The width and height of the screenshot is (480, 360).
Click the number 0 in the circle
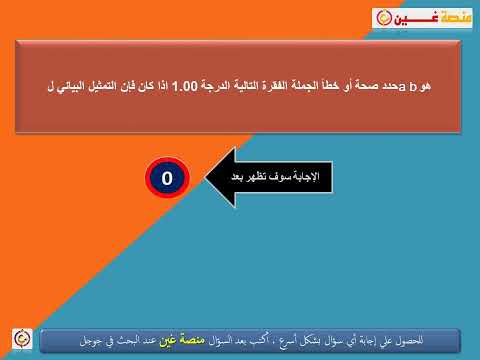[x=168, y=180]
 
